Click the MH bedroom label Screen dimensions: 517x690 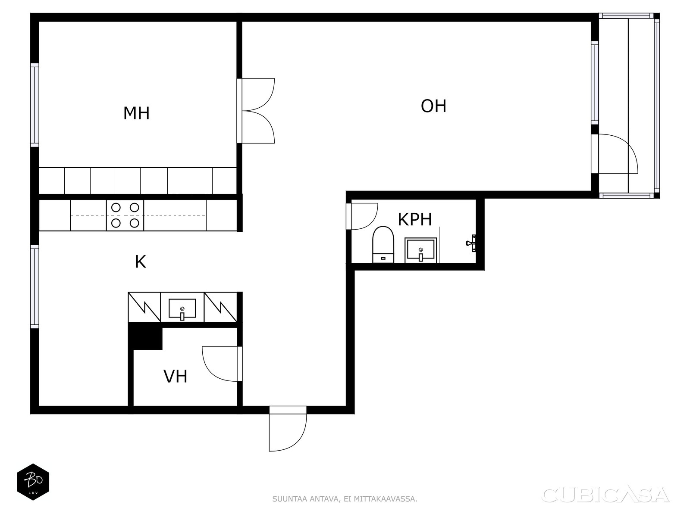pos(136,113)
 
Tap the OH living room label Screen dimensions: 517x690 pos(433,106)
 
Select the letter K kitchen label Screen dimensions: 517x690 pos(141,262)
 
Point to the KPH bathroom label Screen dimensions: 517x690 pos(414,219)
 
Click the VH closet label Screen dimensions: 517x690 pos(176,376)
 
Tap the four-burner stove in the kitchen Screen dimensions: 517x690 pos(125,215)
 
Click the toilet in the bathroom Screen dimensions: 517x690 pos(383,245)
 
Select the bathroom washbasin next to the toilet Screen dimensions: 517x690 pos(420,250)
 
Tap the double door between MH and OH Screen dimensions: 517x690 pos(257,111)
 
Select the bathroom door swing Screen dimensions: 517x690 pos(364,216)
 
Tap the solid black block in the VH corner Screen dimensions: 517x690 pos(146,336)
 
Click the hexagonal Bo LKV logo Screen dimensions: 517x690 pos(33,482)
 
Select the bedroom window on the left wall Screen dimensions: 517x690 pos(34,105)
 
